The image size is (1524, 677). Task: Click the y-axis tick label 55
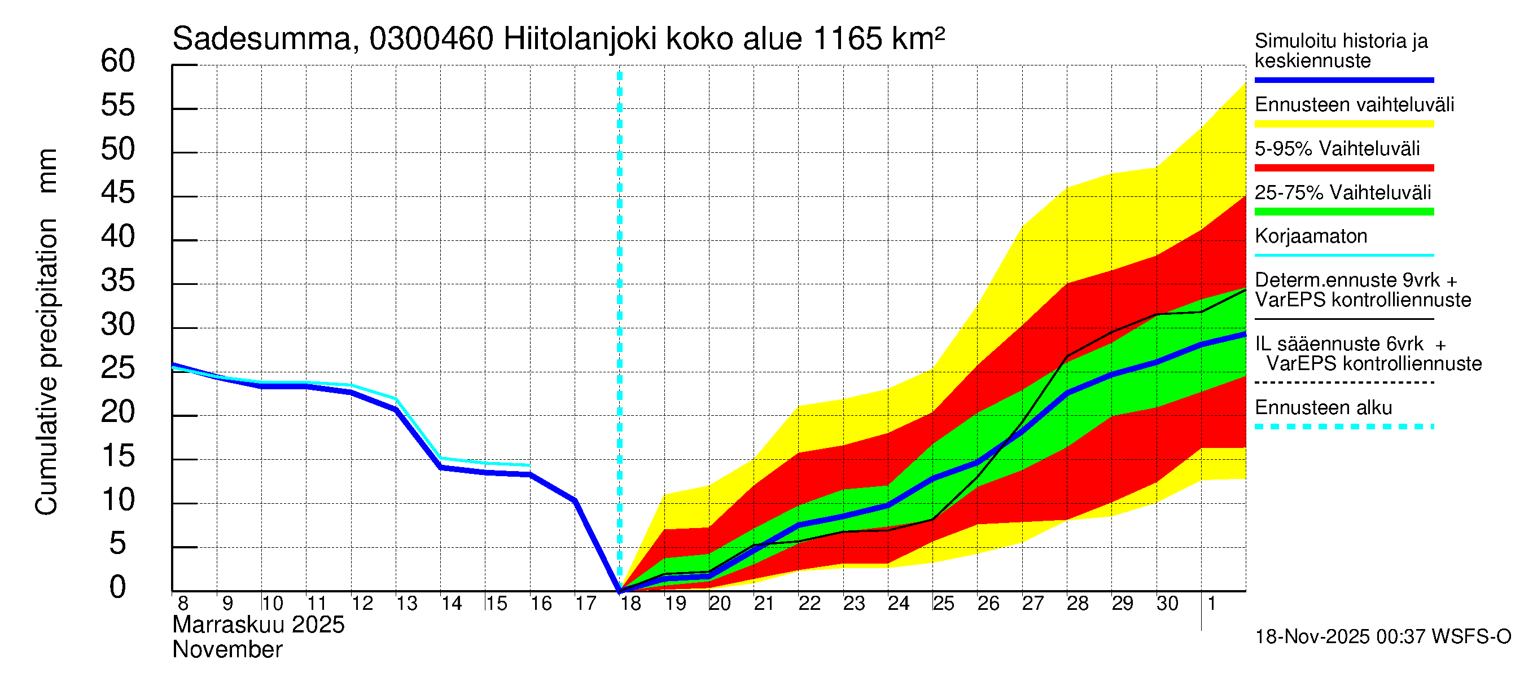pyautogui.click(x=118, y=105)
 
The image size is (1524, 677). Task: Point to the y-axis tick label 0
pyautogui.click(x=118, y=587)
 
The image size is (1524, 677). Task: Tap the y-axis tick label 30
pyautogui.click(x=118, y=324)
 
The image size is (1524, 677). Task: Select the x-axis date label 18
pyautogui.click(x=630, y=604)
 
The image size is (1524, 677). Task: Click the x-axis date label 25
pyautogui.click(x=944, y=604)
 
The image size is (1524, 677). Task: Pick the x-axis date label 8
pyautogui.click(x=183, y=604)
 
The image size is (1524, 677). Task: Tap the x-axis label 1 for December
pyautogui.click(x=1211, y=604)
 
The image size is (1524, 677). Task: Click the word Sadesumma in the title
pyautogui.click(x=262, y=39)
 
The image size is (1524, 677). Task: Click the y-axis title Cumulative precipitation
pyautogui.click(x=46, y=367)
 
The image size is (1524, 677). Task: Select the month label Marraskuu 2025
pyautogui.click(x=259, y=625)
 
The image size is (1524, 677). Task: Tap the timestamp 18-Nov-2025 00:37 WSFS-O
pyautogui.click(x=1382, y=637)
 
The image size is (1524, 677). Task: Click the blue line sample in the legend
pyautogui.click(x=1343, y=80)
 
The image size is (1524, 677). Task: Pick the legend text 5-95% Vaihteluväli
pyautogui.click(x=1337, y=148)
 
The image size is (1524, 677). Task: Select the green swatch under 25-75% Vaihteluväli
pyautogui.click(x=1343, y=212)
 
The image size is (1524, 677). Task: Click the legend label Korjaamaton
pyautogui.click(x=1311, y=236)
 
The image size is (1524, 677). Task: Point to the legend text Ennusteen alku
pyautogui.click(x=1324, y=408)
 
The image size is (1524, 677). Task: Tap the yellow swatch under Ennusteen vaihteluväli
pyautogui.click(x=1343, y=124)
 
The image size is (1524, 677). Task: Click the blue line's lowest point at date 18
pyautogui.click(x=620, y=590)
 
